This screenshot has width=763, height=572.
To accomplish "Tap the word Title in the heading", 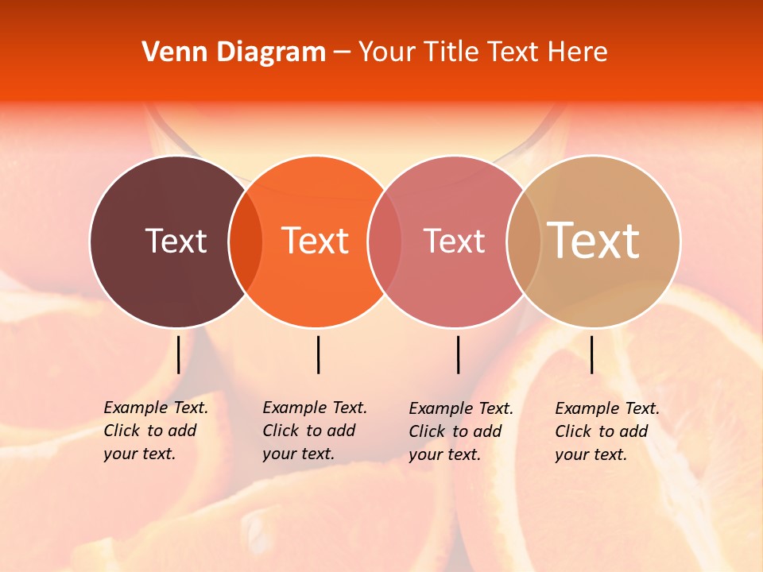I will coord(451,52).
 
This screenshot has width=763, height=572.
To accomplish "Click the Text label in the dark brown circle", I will coord(176,241).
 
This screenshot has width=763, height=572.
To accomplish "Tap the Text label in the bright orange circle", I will coord(316,241).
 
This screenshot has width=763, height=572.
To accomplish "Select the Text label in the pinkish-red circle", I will coord(454,241).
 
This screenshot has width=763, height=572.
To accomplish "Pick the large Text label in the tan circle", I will coord(594,241).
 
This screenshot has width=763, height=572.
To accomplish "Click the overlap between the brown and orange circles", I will coord(246,242).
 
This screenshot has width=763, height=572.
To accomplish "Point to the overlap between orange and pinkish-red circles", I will coord(385,242).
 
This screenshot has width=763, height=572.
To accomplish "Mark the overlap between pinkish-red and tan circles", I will coord(524,242).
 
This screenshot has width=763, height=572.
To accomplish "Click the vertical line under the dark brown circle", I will coord(178,354).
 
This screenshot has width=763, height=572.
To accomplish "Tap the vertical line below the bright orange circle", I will coord(318,354).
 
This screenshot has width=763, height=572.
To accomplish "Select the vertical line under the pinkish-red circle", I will coord(458,354).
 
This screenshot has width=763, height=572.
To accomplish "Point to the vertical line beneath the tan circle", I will coord(591,354).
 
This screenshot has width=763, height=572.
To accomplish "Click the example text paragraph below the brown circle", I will coord(155,431).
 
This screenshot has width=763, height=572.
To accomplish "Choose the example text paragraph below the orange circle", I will coord(314,431).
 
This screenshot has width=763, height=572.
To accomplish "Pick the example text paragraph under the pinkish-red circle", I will coord(460,431).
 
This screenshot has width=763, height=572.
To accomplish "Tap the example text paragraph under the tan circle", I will coord(606,431).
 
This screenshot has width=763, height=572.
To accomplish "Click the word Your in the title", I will coord(386,52).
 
